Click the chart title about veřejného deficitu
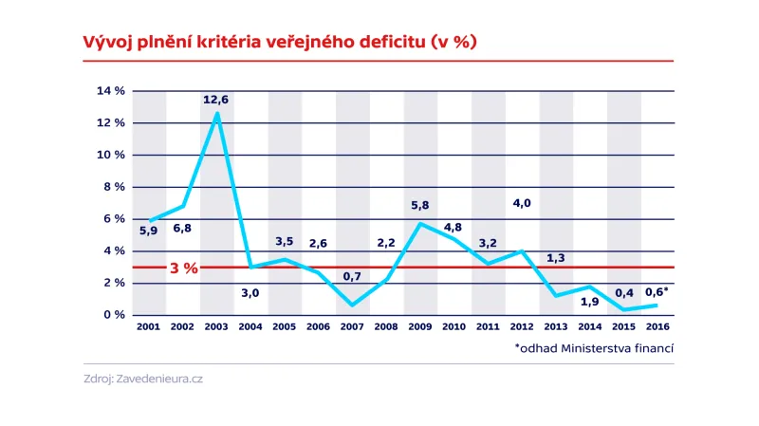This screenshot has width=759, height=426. tap(267, 42)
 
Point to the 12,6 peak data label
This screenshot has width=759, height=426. tap(215, 99)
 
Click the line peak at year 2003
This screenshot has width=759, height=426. tap(217, 114)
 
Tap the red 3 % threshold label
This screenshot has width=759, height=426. tap(183, 269)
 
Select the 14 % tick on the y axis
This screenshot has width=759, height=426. tap(111, 91)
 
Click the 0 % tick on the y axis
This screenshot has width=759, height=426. tap(114, 315)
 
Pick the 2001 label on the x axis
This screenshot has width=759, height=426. tap(149, 326)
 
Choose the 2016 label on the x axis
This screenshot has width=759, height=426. tap(657, 326)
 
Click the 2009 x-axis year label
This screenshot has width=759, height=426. tap(420, 326)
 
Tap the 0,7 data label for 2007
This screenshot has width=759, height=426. tap(352, 276)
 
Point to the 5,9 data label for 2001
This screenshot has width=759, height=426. tap(148, 231)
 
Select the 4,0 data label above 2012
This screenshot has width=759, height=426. tap(522, 203)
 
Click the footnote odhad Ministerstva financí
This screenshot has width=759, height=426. tap(594, 348)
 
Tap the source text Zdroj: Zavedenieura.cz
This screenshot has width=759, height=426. tap(143, 379)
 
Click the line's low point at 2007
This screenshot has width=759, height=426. tap(353, 305)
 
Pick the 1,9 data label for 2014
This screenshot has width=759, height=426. tap(589, 302)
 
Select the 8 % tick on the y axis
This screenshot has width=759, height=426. tap(114, 187)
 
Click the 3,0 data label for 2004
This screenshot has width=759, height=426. tap(250, 293)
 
